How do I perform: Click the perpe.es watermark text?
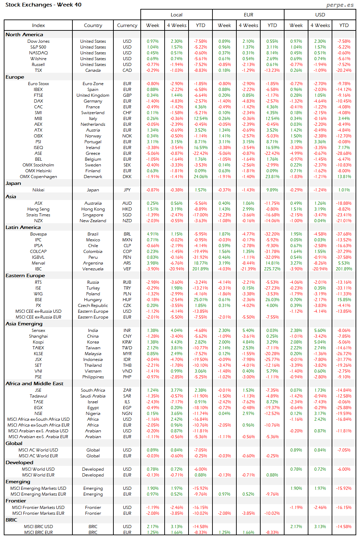coord(340,5)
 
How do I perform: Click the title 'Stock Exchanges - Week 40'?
coord(43,5)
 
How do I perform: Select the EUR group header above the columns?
coord(248,15)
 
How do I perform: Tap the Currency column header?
coord(127,25)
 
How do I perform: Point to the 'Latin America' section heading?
coord(23,227)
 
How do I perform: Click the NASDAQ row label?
coord(38,53)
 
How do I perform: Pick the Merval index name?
coord(38,263)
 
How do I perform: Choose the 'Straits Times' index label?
coord(38,215)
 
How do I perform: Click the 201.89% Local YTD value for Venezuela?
coord(200,269)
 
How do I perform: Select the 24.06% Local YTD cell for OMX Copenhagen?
coord(200,177)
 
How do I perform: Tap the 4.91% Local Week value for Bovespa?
coord(153,234)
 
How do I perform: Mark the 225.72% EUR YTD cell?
coord(272,269)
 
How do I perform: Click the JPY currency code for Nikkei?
coord(127,190)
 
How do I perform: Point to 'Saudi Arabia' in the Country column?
coord(93,396)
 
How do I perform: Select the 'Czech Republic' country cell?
coord(93,306)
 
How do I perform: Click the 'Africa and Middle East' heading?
coord(34,383)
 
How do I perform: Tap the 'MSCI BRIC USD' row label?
coord(38,527)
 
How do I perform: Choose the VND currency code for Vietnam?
coord(127,371)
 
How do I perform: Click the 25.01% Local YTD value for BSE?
coord(200,300)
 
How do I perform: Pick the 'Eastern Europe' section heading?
coord(25,275)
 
